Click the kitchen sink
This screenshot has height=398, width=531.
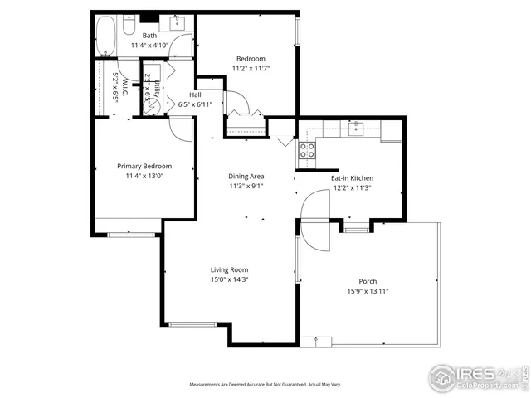356,129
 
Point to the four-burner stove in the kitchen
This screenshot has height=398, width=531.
307,150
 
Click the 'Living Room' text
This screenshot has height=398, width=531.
229,269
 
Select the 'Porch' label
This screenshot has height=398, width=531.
368,281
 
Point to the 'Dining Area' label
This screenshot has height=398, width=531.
246,177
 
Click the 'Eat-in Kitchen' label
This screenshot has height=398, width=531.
353,178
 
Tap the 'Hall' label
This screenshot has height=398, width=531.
196,95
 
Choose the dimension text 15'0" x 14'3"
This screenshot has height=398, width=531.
229,280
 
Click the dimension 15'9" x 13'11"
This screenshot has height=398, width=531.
368,291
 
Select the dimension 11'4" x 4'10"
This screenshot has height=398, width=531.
149,46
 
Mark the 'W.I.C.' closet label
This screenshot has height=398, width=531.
124,85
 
